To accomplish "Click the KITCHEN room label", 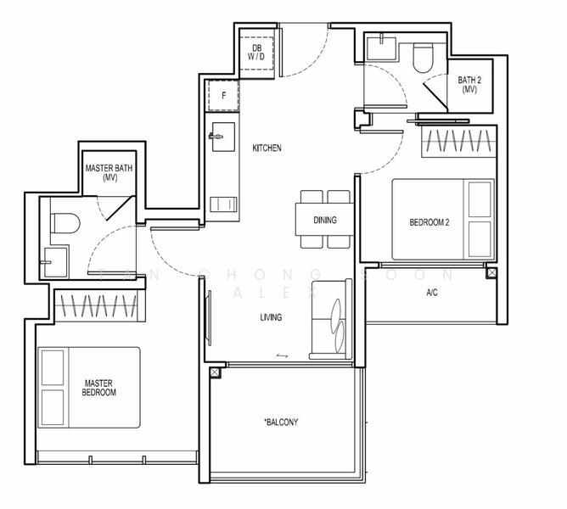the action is (x=267, y=148).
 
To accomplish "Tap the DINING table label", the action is (x=325, y=220).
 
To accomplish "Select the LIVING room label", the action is (x=271, y=317).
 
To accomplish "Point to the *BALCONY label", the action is (x=281, y=422).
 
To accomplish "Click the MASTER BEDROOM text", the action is (x=98, y=388).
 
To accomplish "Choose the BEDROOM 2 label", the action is (x=429, y=222).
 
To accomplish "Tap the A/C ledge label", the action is (x=432, y=292).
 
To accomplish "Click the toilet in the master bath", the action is (x=65, y=223).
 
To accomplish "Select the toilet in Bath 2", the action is (x=423, y=58).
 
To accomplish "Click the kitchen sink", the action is (x=223, y=137).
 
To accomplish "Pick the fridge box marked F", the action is (x=223, y=96).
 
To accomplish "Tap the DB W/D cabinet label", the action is (x=256, y=53).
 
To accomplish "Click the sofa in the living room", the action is (x=331, y=319).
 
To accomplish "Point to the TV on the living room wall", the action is (x=208, y=318).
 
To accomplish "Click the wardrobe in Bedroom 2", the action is (x=458, y=142).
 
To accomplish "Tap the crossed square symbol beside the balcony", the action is (x=215, y=372).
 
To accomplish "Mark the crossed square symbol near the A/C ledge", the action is (x=491, y=273).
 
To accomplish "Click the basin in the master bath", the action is (x=55, y=262).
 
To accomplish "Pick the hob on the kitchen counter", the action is (x=223, y=204).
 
